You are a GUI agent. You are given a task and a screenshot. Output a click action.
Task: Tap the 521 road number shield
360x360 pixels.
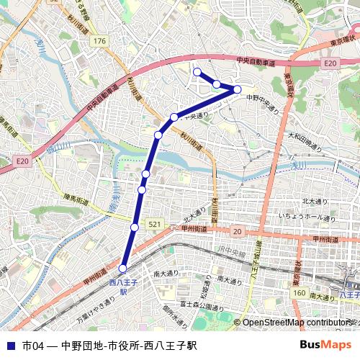tap(154, 225)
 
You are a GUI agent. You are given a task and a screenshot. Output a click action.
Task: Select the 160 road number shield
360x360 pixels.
tap(300, 292)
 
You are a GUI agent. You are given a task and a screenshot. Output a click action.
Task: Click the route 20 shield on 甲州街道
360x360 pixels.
tap(237, 231)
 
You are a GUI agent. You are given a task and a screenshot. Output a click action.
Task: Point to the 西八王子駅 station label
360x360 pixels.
tap(122, 287)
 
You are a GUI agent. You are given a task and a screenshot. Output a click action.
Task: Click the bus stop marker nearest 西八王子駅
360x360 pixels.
tap(122, 268)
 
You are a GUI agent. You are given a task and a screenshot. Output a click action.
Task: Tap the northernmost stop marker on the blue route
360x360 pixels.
tap(197, 71)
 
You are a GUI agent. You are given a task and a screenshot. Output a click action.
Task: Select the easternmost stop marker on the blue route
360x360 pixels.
tap(238, 89)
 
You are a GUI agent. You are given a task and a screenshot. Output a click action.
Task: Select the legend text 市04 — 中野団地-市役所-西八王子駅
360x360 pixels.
tap(109, 346)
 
